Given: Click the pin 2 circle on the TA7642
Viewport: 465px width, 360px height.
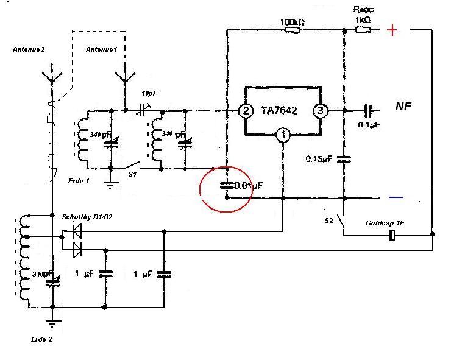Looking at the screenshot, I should [x=246, y=111].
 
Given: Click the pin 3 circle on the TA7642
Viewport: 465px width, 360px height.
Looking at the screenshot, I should [x=321, y=111].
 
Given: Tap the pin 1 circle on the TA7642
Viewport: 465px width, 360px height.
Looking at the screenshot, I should [x=283, y=135].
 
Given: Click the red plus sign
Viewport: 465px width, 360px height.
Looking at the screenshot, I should [x=393, y=30].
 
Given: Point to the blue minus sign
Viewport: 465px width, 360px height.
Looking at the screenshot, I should [x=396, y=197].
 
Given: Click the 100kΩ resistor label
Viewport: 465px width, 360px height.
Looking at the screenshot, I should [x=293, y=23].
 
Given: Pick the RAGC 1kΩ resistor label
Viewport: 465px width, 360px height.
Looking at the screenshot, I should [x=364, y=14].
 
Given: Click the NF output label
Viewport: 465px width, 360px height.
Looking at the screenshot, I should [x=404, y=107].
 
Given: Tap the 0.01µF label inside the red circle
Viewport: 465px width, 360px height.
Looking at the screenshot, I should [x=249, y=185].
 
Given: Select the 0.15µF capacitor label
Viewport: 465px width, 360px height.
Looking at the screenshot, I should [x=319, y=159].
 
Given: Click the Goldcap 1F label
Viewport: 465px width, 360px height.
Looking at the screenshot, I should [x=386, y=224].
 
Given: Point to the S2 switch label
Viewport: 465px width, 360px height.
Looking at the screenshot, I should [x=329, y=219].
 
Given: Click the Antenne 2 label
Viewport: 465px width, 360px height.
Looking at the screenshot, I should [x=29, y=49].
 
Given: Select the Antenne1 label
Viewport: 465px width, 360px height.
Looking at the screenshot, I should [x=101, y=49].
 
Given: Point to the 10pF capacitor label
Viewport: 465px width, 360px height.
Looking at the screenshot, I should [x=149, y=93].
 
